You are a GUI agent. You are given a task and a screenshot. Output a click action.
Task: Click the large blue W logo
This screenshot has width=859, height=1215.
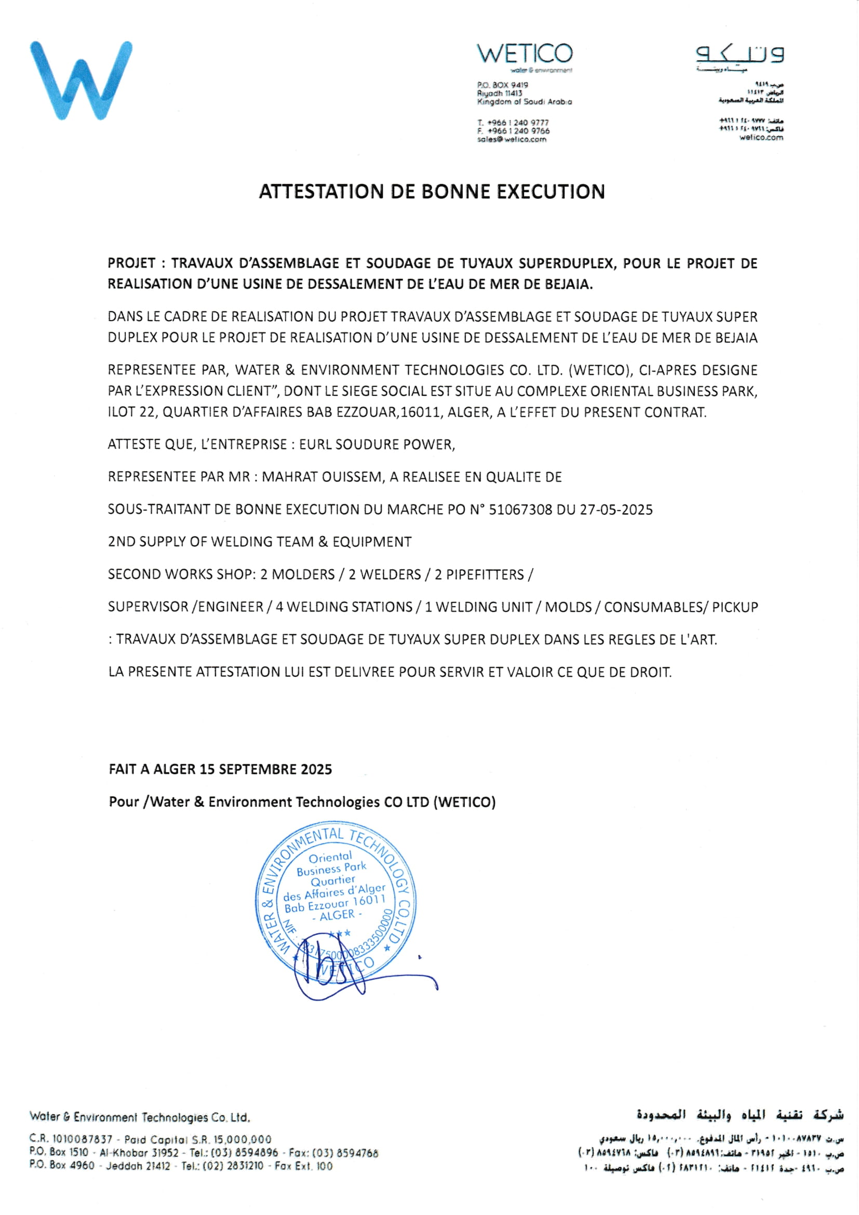point(81,81)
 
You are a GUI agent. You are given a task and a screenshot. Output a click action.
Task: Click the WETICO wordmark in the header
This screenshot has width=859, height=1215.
point(524,54)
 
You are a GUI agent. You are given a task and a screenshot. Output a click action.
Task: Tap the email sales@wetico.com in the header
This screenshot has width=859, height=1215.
point(512,140)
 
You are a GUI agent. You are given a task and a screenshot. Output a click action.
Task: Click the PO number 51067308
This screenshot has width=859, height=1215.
point(520,510)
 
